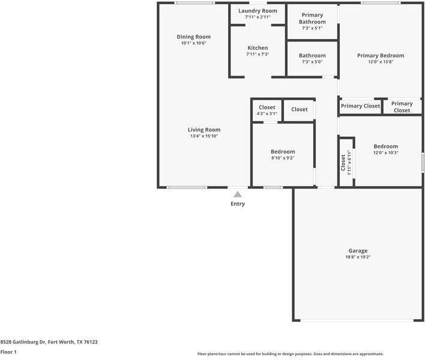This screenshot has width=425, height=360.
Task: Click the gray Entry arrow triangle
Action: [238, 194]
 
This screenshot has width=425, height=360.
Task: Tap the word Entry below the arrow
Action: [238, 204]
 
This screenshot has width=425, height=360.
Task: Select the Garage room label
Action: [358, 251]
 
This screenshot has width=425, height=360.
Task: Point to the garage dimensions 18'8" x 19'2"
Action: [358, 257]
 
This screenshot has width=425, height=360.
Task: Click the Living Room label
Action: [204, 130]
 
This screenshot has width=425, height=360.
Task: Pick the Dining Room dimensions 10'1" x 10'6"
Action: [193, 43]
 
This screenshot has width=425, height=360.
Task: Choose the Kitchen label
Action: [258, 48]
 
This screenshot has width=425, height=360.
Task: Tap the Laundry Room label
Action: [258, 11]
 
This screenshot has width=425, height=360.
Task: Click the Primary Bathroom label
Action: [312, 19]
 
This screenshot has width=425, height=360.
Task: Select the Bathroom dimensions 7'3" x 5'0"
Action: [312, 62]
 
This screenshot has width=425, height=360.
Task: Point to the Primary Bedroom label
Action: [381, 56]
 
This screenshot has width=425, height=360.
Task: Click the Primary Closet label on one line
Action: [360, 106]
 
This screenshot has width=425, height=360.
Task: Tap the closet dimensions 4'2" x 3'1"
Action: [267, 114]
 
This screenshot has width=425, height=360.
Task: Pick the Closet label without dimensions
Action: [299, 109]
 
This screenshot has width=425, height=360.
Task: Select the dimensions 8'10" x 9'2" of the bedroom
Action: [283, 158]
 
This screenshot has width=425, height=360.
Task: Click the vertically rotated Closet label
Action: [343, 163]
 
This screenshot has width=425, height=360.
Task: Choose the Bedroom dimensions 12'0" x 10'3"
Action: [386, 153]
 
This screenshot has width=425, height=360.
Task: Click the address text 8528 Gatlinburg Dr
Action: [23, 342]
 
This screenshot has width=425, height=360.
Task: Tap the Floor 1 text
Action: [8, 352]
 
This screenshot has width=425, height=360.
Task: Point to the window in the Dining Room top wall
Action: [194, 3]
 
